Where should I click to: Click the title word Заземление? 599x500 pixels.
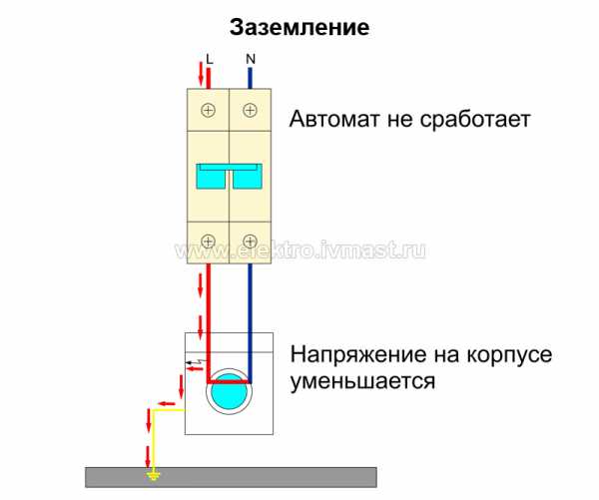tap(299, 27)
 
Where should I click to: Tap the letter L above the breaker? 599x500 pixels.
tap(210, 59)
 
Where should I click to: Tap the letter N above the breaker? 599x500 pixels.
tap(249, 59)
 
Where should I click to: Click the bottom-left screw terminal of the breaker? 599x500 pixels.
tap(209, 240)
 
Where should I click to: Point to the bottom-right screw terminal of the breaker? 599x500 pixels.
tap(249, 240)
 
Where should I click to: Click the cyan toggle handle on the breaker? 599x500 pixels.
tap(229, 177)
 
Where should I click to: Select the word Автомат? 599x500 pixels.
tap(334, 121)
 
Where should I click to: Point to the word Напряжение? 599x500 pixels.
tap(351, 356)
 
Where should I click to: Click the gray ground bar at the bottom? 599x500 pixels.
tap(260, 476)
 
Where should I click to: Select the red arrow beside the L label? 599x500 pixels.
tap(200, 74)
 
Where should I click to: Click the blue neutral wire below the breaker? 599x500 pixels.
tap(249, 299)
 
